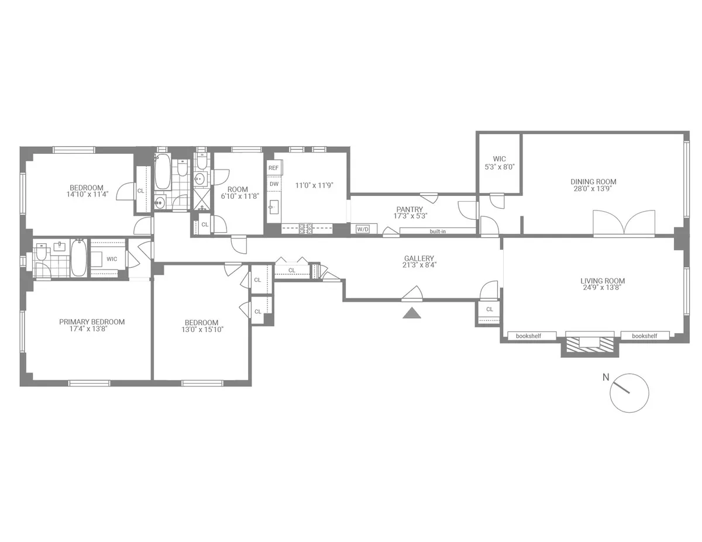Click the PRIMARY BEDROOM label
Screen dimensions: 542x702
click(92, 322)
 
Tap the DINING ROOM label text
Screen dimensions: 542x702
click(593, 182)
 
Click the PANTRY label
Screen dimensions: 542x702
click(409, 209)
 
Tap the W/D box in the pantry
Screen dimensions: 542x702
click(363, 229)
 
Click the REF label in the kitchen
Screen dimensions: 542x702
click(273, 168)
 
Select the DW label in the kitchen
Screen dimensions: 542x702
click(273, 184)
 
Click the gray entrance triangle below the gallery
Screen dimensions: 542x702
click(412, 313)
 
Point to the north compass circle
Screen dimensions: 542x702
click(629, 392)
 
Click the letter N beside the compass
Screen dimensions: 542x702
click(605, 377)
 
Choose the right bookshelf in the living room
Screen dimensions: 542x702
click(644, 336)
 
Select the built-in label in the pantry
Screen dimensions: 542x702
click(438, 231)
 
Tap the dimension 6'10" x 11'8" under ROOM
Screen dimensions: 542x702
click(238, 196)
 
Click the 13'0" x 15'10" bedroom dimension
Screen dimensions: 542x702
click(201, 329)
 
